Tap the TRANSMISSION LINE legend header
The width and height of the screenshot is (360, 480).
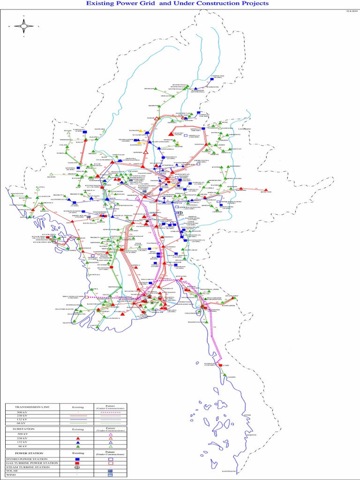point(31,407)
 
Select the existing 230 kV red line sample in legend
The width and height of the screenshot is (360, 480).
point(78,415)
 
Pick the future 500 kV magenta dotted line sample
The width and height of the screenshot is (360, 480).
point(111,412)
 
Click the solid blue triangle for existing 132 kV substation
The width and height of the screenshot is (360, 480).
point(78,442)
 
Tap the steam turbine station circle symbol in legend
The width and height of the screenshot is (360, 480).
point(78,467)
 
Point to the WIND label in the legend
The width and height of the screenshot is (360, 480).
point(11,475)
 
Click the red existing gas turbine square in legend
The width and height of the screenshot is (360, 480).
point(78,463)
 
